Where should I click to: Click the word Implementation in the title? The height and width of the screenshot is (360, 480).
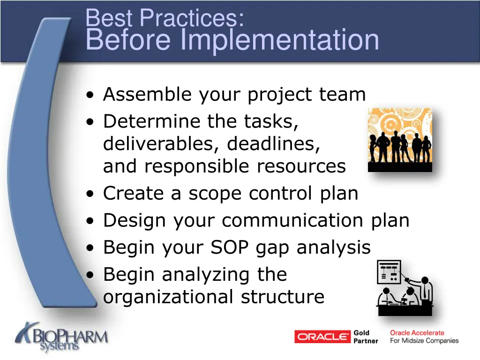[280, 40]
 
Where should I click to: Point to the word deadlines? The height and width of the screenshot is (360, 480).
[274, 144]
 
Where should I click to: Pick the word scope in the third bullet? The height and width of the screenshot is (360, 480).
[215, 194]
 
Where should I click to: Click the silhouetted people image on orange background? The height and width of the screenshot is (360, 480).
[400, 140]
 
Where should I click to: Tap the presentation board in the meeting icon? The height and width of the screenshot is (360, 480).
[389, 272]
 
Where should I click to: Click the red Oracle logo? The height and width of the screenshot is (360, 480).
[322, 337]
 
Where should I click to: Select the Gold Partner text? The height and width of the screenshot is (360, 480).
[366, 337]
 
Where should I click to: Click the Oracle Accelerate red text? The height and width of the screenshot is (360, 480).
[417, 333]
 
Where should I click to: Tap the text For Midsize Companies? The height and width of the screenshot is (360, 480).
[424, 341]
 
